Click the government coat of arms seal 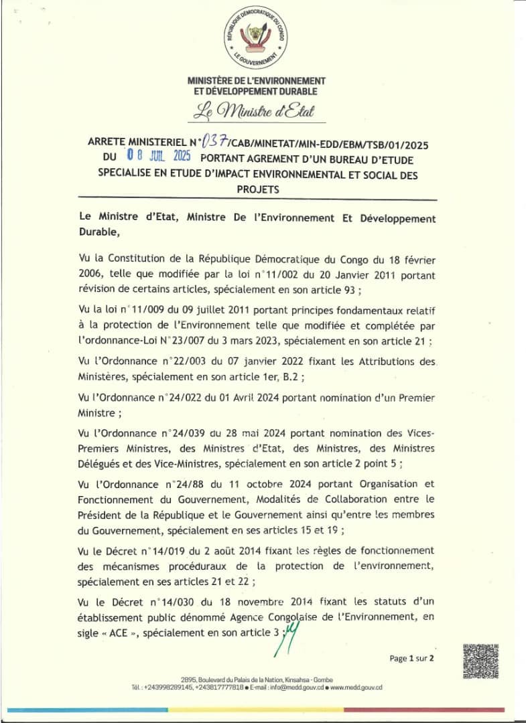point(256,38)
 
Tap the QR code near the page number point(480,661)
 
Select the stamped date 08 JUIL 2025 point(159,157)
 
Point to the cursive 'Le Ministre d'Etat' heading point(253,111)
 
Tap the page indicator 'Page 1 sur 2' point(412,659)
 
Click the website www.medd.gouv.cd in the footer point(356,688)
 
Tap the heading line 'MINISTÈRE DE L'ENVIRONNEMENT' point(257,81)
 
